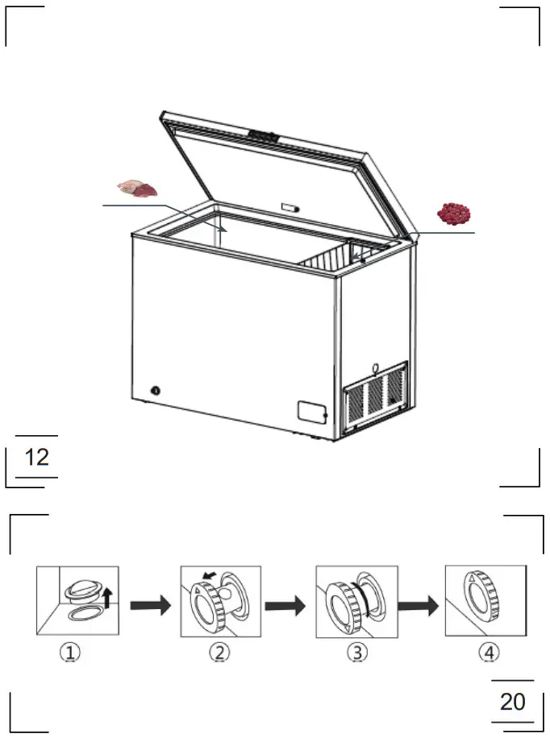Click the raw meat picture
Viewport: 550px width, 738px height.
coord(136,189)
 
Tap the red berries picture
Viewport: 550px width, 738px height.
coord(454,214)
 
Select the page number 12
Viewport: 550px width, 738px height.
coord(37,458)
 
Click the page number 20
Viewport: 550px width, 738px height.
coord(512,701)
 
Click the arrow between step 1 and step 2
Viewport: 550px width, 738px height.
coord(150,604)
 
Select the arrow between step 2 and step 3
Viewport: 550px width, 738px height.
coord(285,604)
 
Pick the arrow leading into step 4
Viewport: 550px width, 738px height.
coord(419,604)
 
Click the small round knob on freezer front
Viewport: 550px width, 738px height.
coord(155,392)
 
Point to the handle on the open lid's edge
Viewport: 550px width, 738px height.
coord(263,135)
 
